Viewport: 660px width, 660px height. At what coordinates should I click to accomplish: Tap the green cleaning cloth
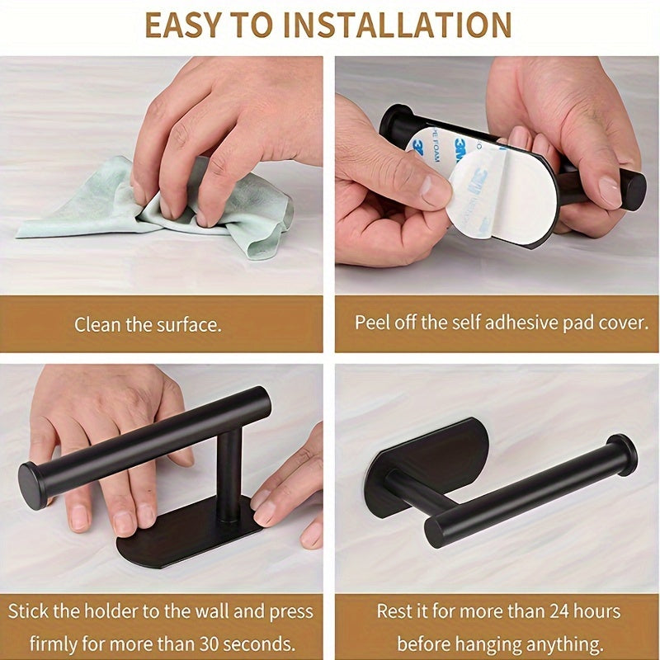tap(165, 206)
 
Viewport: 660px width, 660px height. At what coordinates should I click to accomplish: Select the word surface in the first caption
tap(189, 324)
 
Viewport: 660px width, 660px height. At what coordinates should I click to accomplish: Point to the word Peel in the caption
tap(372, 322)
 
